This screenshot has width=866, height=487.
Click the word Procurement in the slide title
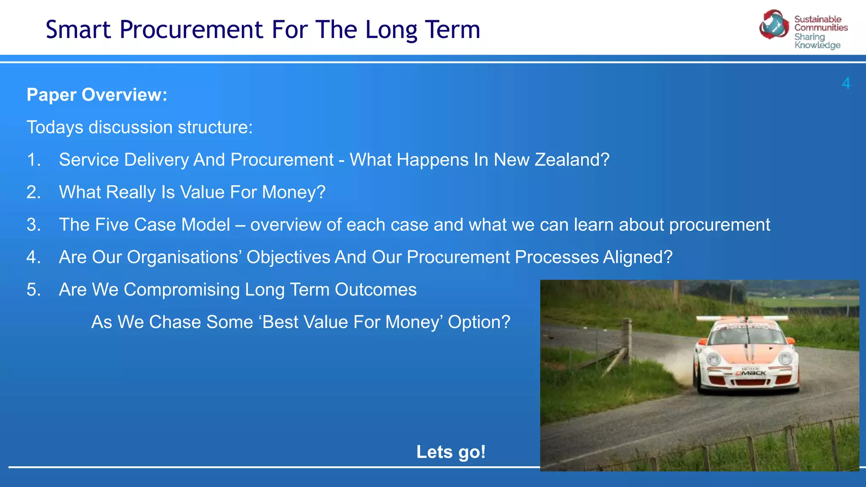(x=192, y=30)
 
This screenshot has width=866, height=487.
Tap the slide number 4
(x=846, y=83)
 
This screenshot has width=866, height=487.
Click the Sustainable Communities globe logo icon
(x=773, y=25)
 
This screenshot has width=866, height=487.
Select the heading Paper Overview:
(x=97, y=95)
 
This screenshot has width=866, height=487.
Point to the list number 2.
(x=33, y=192)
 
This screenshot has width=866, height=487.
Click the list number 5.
(x=33, y=290)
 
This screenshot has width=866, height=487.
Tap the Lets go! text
(x=451, y=452)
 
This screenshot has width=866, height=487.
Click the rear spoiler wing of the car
(x=742, y=318)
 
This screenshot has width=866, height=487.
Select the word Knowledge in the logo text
(x=817, y=45)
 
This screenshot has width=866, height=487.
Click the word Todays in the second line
(x=55, y=127)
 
